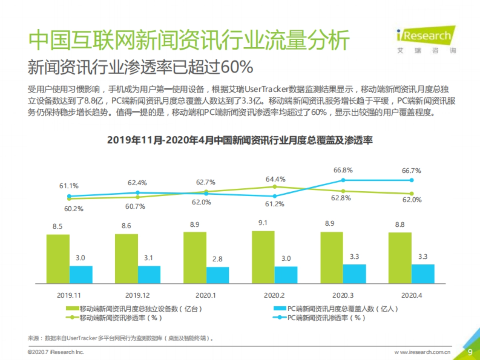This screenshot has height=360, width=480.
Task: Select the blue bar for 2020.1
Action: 218,275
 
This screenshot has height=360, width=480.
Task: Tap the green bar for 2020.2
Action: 263,257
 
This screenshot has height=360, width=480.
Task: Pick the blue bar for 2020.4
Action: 423,274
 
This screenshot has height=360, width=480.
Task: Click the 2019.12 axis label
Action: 137,295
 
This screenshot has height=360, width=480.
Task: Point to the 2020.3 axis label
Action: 343,295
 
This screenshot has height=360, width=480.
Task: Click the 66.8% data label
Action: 343,170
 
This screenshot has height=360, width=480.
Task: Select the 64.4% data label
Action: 275,178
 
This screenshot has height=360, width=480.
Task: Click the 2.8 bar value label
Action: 217,259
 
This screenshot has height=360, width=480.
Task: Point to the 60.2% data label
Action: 74,209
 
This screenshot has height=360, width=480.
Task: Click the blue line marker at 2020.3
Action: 343,180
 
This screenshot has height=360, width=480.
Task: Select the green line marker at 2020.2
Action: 274,187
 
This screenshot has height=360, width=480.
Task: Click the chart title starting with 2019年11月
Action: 240,140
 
